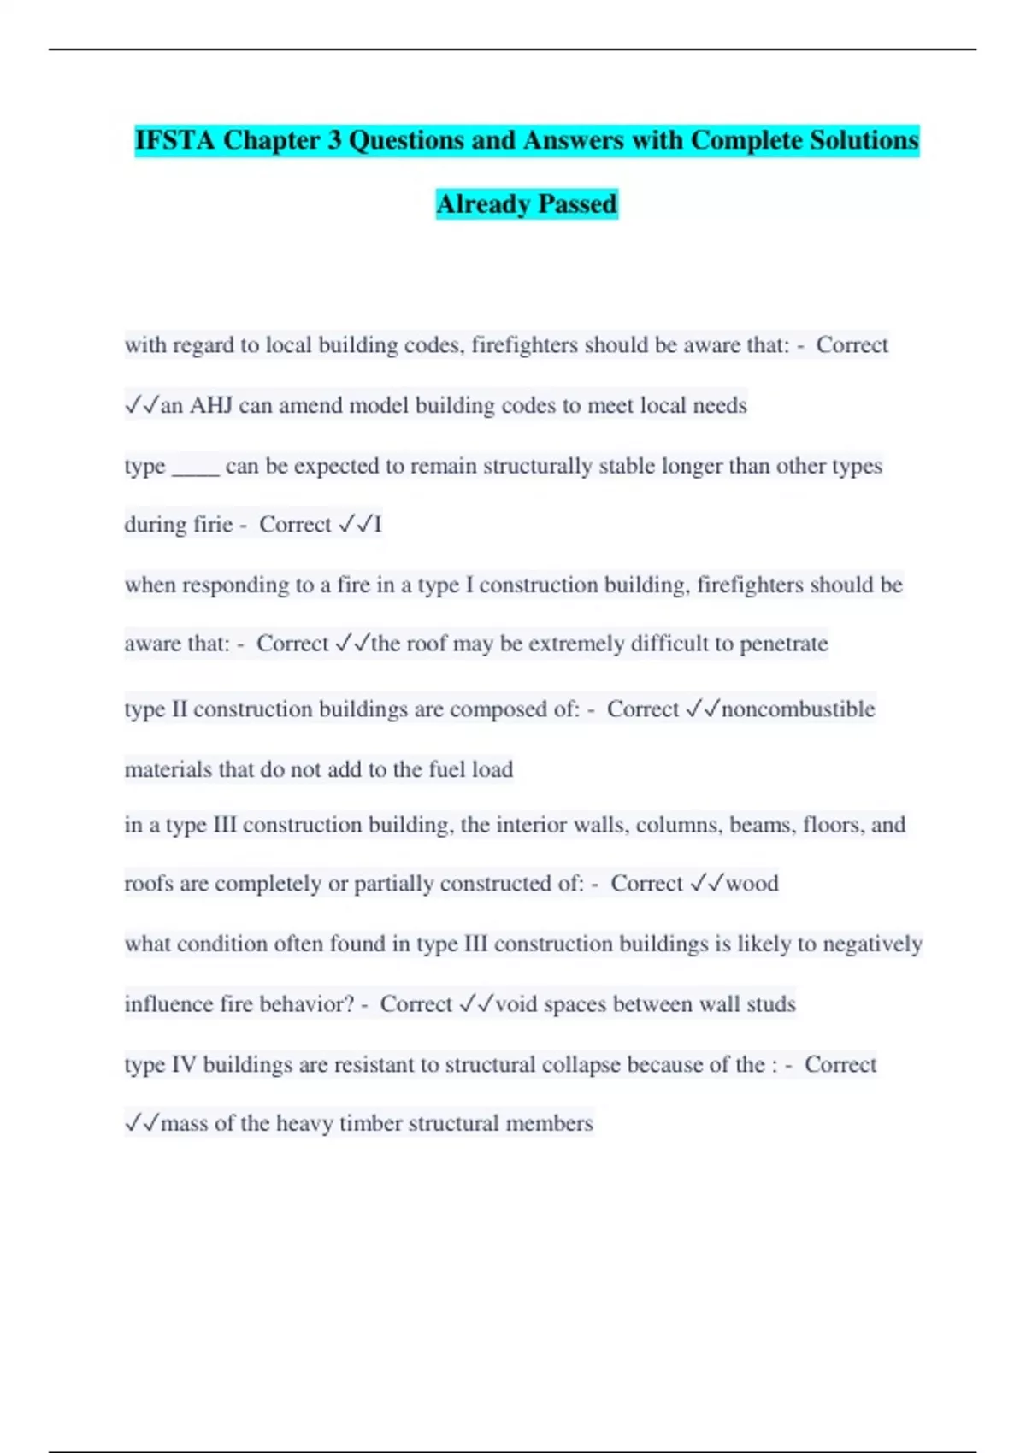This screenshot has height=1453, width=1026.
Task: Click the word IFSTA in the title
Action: coord(174,140)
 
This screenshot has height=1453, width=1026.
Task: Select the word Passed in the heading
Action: coord(577,204)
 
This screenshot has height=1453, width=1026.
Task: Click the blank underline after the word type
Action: coord(196,467)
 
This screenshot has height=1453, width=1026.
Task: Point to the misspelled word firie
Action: coord(211,524)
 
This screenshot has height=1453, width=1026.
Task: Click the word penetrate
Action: coord(783,644)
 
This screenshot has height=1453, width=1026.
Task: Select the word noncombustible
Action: coord(799,709)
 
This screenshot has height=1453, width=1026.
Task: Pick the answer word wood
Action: coord(752,884)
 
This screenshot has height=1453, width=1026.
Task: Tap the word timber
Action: coord(370,1123)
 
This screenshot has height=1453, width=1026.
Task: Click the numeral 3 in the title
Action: coord(334,140)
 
